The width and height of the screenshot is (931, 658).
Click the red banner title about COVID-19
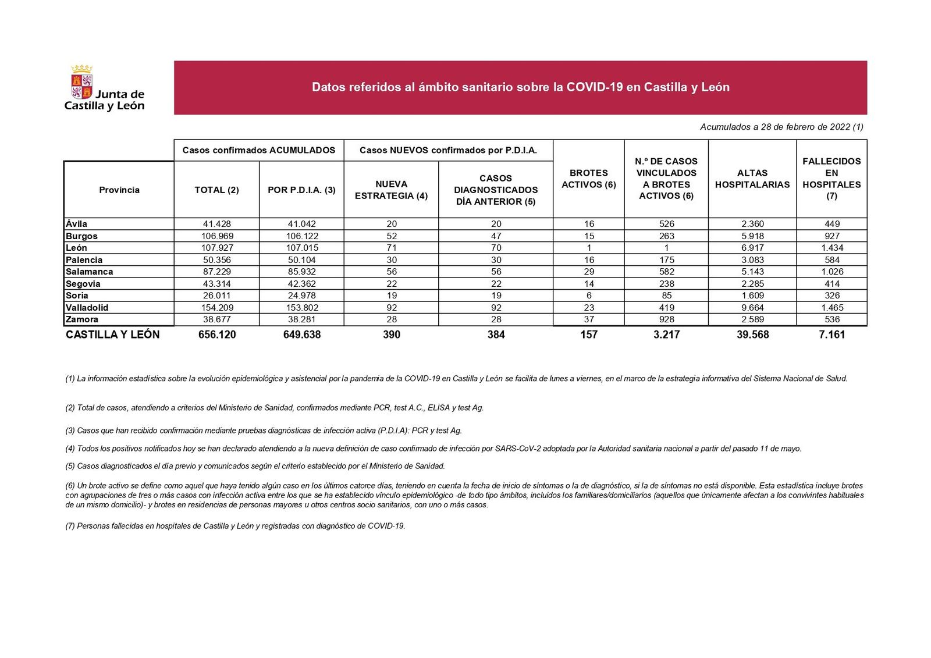coord(520,87)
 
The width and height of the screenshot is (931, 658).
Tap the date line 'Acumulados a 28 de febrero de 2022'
coord(781,127)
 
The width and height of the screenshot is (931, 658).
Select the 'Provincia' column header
coord(119,190)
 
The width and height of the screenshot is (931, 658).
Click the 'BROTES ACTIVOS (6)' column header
coord(588,179)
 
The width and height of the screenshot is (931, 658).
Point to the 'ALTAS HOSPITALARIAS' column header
coord(752,179)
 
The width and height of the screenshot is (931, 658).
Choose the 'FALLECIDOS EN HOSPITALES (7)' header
coord(831,179)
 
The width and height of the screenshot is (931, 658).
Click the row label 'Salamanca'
coord(89,272)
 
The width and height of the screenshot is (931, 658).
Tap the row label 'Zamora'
coord(82,319)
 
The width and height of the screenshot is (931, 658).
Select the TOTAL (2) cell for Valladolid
coord(216,308)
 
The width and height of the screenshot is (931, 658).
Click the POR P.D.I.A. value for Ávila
coord(301,224)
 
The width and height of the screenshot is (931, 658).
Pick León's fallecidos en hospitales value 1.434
coord(831,248)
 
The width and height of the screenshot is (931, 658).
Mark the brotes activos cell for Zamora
coord(588,319)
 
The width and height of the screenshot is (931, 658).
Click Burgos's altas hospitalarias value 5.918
coord(752,236)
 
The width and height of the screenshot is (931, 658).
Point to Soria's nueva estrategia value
coord(391,296)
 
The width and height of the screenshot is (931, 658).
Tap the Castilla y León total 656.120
coord(216,335)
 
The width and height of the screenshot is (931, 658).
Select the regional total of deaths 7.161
coord(831,335)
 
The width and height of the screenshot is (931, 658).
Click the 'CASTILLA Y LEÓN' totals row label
coord(112,335)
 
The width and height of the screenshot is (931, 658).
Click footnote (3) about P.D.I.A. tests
coord(263,431)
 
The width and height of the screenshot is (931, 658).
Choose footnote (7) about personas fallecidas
coord(235,526)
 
